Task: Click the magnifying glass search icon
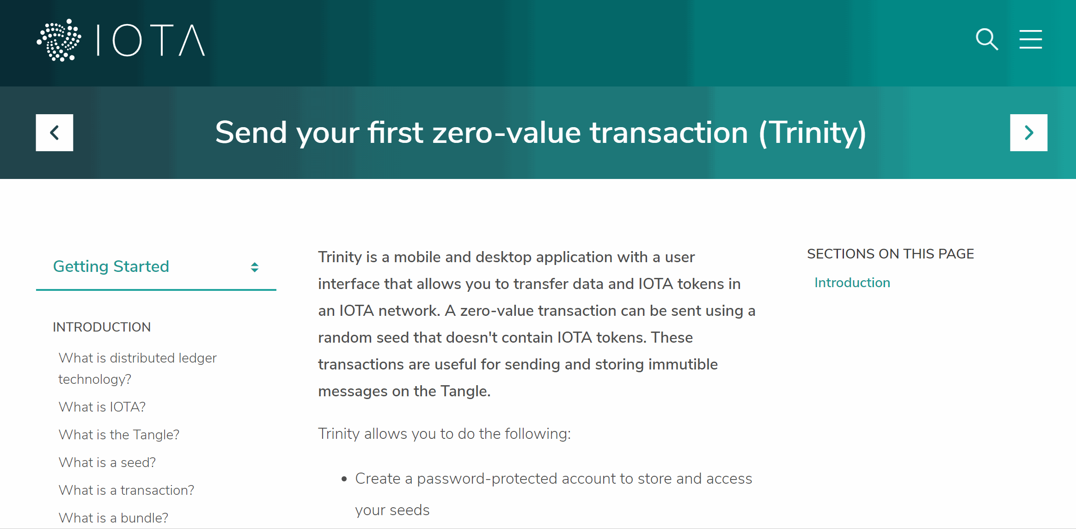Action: pyautogui.click(x=987, y=39)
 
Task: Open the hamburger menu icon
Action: pyautogui.click(x=1031, y=39)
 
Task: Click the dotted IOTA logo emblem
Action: pyautogui.click(x=59, y=40)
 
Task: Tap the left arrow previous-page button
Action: pyautogui.click(x=55, y=133)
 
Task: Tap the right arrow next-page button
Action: pyautogui.click(x=1029, y=133)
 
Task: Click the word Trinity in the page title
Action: pyautogui.click(x=813, y=133)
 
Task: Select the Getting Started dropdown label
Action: pyautogui.click(x=111, y=266)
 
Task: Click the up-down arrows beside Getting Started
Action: pyautogui.click(x=255, y=267)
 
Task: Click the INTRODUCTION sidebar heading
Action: pyautogui.click(x=102, y=327)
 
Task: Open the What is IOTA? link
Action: pyautogui.click(x=102, y=407)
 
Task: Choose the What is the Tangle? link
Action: pyautogui.click(x=119, y=435)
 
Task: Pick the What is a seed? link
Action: pyautogui.click(x=107, y=462)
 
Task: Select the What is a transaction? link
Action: pyautogui.click(x=126, y=490)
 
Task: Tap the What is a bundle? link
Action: pyautogui.click(x=113, y=518)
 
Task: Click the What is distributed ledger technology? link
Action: pyautogui.click(x=137, y=369)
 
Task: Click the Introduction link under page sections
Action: pyautogui.click(x=852, y=283)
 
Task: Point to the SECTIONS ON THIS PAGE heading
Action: pyautogui.click(x=890, y=254)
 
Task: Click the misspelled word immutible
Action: pyautogui.click(x=683, y=364)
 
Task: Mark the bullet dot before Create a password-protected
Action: pyautogui.click(x=344, y=480)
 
